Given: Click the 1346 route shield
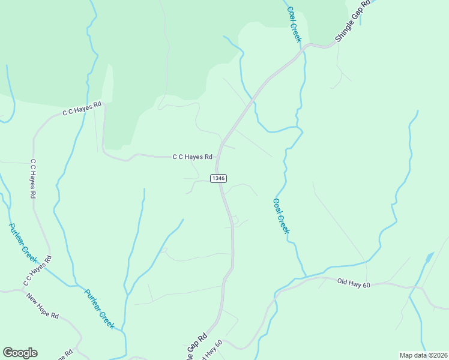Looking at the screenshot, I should click(218, 178).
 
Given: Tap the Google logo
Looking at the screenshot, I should click(20, 353).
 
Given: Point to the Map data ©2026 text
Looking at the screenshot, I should click(423, 355).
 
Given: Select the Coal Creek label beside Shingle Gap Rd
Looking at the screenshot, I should click(294, 25).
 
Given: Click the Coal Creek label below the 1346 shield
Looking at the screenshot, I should click(282, 216).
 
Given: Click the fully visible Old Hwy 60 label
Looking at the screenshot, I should click(354, 282).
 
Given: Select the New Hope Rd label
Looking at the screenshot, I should click(42, 305).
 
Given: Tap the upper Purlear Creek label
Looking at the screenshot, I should click(23, 244).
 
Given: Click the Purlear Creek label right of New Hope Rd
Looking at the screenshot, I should click(99, 308).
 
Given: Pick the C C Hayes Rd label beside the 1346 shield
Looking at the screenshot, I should click(193, 157).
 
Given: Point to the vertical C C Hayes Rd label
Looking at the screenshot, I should click(34, 179).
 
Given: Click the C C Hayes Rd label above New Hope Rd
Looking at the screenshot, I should click(37, 271).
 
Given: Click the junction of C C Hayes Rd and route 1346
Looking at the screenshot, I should click(217, 158).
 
